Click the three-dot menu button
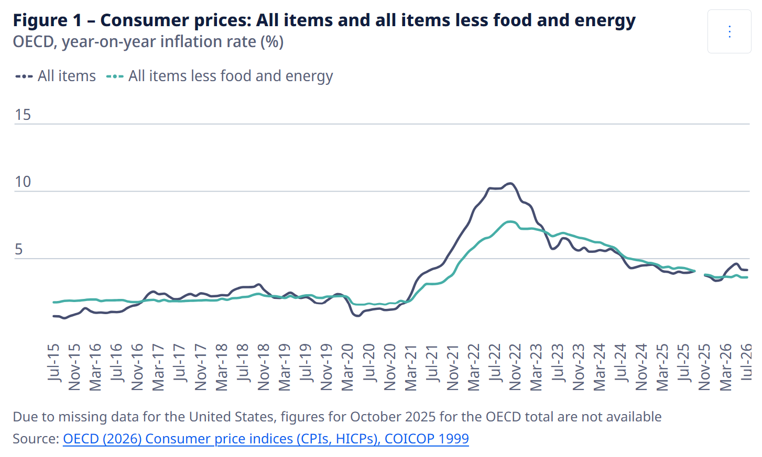point(729,31)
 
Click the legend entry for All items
point(56,76)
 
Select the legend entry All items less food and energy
point(220,76)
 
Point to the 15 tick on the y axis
point(23,115)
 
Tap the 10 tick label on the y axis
point(23,182)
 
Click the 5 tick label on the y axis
point(19,249)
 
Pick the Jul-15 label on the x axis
point(53,362)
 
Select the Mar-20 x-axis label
point(347,367)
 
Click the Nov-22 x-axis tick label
point(515,367)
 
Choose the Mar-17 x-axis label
point(158,367)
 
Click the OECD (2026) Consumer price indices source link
point(266,439)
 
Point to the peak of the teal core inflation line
point(510,221)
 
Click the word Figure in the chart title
point(40,20)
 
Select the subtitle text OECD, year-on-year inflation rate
point(148,42)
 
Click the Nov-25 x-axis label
point(704,367)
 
